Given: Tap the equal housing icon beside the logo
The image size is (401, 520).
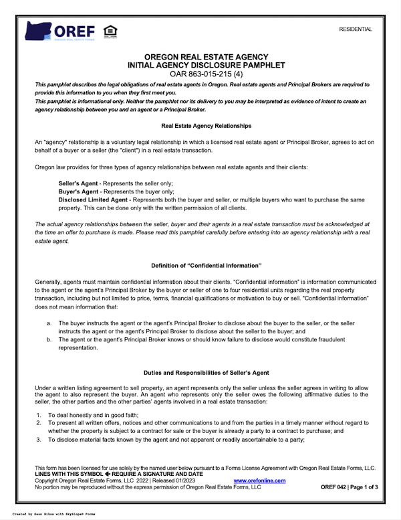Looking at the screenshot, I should tap(109, 31).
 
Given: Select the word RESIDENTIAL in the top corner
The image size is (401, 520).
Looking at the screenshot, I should tap(356, 29).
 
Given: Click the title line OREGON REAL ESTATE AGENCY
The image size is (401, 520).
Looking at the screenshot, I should tap(201, 57).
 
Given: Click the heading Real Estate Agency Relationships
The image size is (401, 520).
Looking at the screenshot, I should tap(201, 126).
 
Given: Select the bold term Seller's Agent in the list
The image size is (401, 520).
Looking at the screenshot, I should tap(79, 183).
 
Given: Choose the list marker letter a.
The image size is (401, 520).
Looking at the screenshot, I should tap(49, 323).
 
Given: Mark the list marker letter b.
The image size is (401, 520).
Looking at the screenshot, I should tap(49, 339).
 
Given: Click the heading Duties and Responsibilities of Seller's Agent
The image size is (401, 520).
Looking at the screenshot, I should tap(201, 372).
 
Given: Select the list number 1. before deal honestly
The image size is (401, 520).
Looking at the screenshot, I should tap(38, 416).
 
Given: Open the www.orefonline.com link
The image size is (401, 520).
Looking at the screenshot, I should tap(259, 481).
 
